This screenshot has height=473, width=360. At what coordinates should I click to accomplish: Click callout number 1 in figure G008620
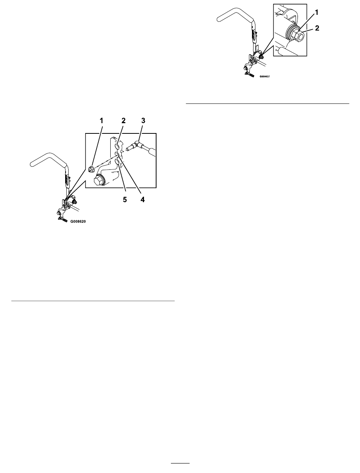click(x=101, y=121)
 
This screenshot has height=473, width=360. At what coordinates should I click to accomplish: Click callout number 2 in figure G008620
click(x=123, y=121)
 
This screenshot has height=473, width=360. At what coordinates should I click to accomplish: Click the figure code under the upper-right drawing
click(x=266, y=76)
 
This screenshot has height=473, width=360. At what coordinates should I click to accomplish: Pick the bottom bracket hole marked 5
click(x=117, y=162)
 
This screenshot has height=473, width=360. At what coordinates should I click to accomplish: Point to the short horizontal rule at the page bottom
click(x=180, y=463)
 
